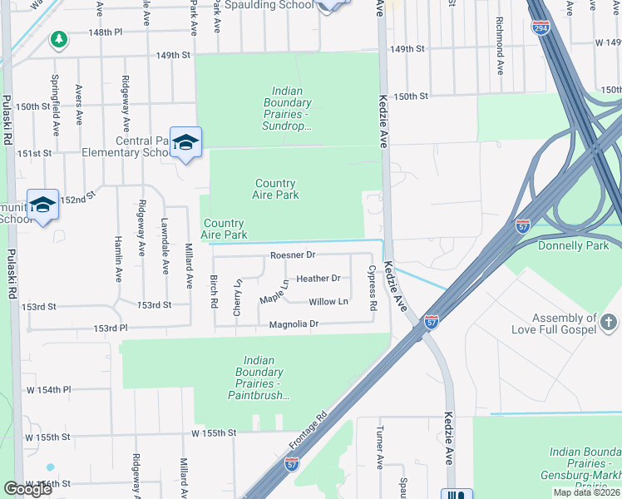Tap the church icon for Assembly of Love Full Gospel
pyautogui.click(x=609, y=322)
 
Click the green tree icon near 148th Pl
pyautogui.click(x=58, y=39)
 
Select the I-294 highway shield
pyautogui.click(x=540, y=27)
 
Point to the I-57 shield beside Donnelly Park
pyautogui.click(x=521, y=226)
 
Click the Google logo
pyautogui.click(x=27, y=489)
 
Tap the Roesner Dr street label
pyautogui.click(x=293, y=255)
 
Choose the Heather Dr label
pyautogui.click(x=318, y=279)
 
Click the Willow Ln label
pyautogui.click(x=328, y=301)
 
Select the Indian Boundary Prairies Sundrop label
pyautogui.click(x=285, y=108)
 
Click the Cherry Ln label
pyautogui.click(x=238, y=295)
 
